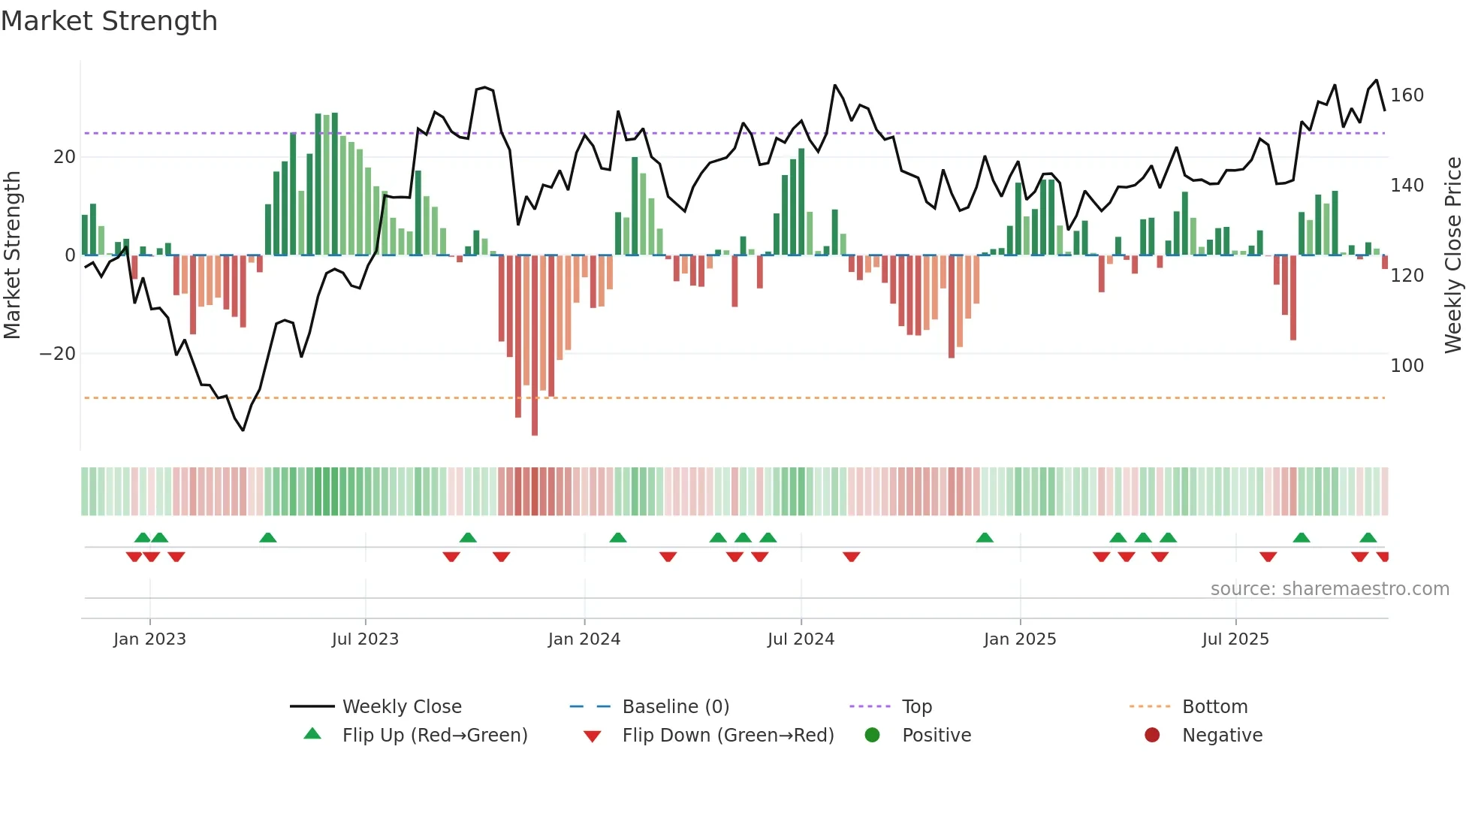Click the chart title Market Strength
click(x=109, y=21)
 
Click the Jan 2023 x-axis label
click(x=149, y=639)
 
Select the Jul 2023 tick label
click(x=365, y=639)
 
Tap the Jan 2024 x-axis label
click(x=584, y=639)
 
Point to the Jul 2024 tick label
click(x=801, y=639)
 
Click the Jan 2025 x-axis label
click(x=1020, y=639)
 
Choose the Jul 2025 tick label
click(x=1235, y=639)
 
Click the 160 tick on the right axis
click(x=1407, y=95)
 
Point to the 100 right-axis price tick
click(x=1407, y=366)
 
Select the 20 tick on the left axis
click(x=65, y=157)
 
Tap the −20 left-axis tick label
click(x=58, y=354)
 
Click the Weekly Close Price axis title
click(x=1453, y=255)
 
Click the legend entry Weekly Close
click(x=402, y=707)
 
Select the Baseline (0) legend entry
click(x=675, y=707)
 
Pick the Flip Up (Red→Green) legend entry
click(x=435, y=736)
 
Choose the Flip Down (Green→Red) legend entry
click(x=728, y=736)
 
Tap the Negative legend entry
click(x=1222, y=736)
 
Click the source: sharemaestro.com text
click(x=1329, y=589)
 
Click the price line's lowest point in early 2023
click(x=243, y=430)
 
